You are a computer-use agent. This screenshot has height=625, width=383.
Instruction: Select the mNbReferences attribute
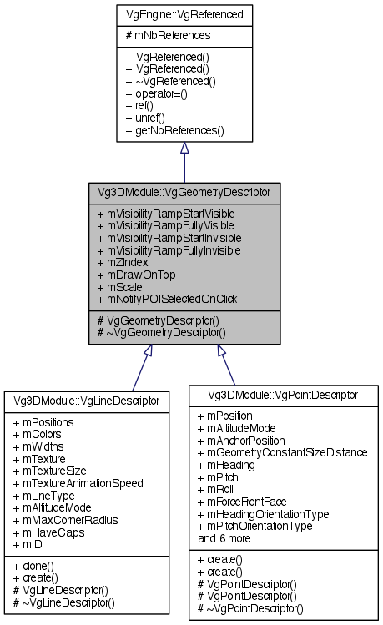click(168, 36)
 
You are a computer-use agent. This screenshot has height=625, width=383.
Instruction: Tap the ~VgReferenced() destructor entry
click(170, 81)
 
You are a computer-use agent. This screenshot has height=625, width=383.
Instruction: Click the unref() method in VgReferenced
click(145, 118)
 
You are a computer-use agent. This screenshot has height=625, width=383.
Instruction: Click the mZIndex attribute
click(126, 260)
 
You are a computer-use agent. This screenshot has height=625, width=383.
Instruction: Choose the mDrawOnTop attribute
click(134, 273)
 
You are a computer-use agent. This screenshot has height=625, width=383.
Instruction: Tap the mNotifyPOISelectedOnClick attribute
click(167, 298)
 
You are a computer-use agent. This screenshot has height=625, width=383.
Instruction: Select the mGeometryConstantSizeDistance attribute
click(282, 451)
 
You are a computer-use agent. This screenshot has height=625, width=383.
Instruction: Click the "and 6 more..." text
click(229, 538)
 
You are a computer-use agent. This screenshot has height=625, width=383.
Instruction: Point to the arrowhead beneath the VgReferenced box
click(184, 148)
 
